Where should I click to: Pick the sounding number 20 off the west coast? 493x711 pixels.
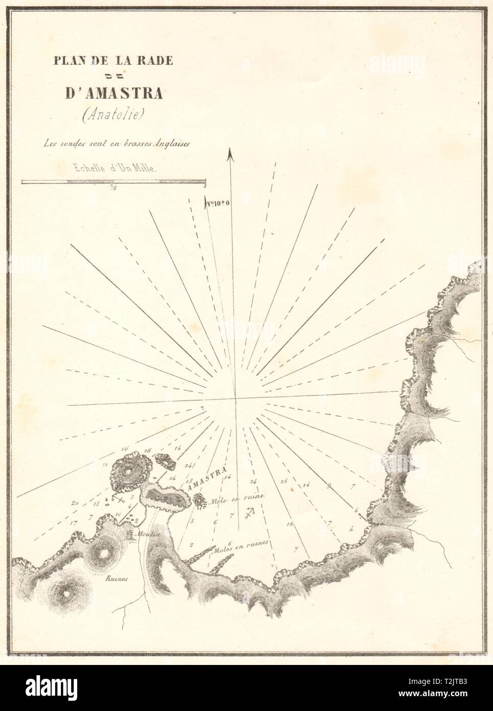pyautogui.click(x=75, y=504)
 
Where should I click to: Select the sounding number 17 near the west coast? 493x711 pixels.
pyautogui.click(x=75, y=523)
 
